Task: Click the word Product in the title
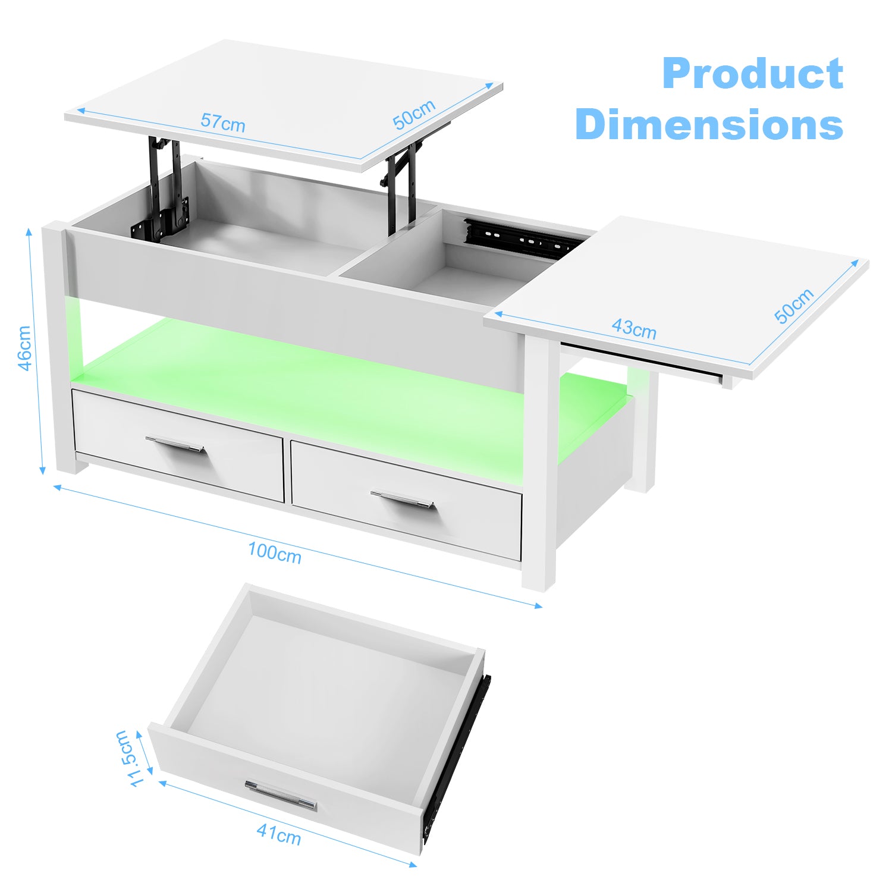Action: click(x=752, y=73)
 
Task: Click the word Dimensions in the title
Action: click(x=709, y=124)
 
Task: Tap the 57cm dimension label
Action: click(x=223, y=122)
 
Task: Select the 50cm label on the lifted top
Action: click(x=414, y=114)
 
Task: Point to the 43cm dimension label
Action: click(x=634, y=328)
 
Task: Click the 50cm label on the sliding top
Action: click(x=794, y=306)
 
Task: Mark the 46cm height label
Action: click(x=24, y=348)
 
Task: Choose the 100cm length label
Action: click(x=275, y=552)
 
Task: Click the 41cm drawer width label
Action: click(x=279, y=834)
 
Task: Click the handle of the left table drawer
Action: click(x=175, y=445)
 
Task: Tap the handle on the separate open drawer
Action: click(x=281, y=795)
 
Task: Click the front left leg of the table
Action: click(x=59, y=348)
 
